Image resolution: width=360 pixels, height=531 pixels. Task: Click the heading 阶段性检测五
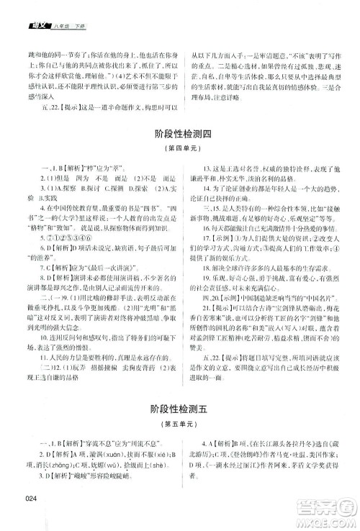pyautogui.click(x=179, y=407)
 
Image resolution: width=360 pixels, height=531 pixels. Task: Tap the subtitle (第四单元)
pyautogui.click(x=179, y=150)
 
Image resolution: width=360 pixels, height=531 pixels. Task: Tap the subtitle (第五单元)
pyautogui.click(x=179, y=422)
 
